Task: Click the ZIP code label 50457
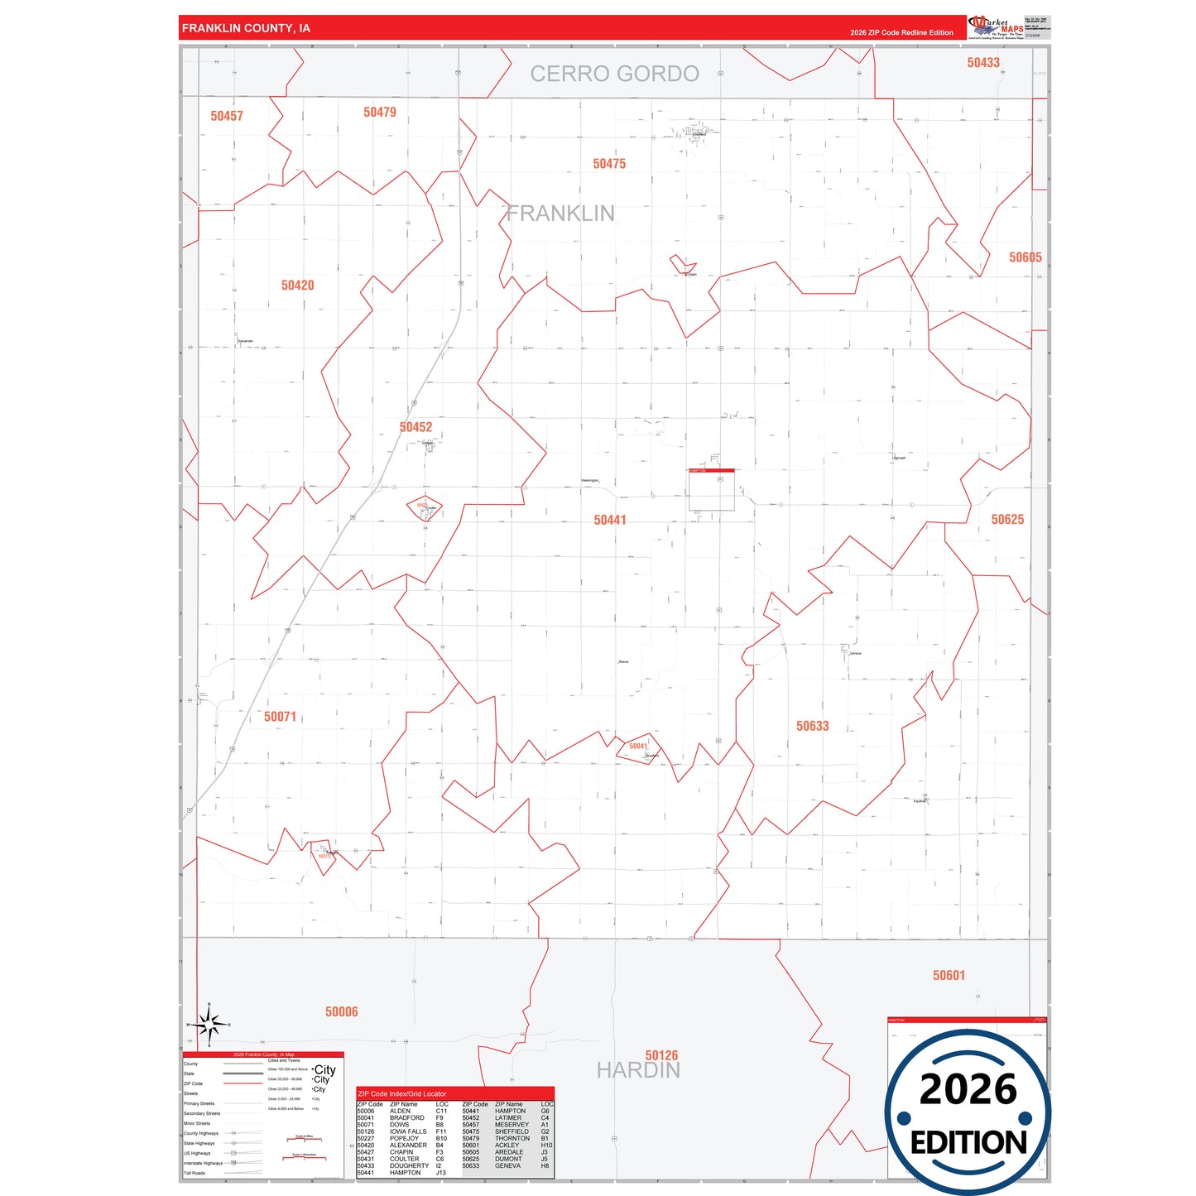(x=227, y=116)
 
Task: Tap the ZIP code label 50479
(x=380, y=112)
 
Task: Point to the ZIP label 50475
(x=609, y=164)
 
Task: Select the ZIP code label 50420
(x=297, y=286)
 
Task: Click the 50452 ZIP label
(x=415, y=427)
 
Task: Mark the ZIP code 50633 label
(x=812, y=726)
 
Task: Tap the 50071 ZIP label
(x=280, y=717)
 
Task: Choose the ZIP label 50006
(x=341, y=1011)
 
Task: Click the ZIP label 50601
(x=949, y=975)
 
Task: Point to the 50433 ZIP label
(x=983, y=63)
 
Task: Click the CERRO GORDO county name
(x=614, y=74)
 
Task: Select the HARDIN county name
(x=638, y=1070)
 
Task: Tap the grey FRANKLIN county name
(x=561, y=214)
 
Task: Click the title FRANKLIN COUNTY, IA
(x=246, y=28)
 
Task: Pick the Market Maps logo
(x=996, y=27)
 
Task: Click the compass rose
(x=209, y=1025)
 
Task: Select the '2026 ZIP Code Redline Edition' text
(x=901, y=33)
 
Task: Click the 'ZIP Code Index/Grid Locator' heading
(x=402, y=1093)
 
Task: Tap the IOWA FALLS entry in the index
(x=408, y=1131)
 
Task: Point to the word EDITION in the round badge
(x=968, y=1143)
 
